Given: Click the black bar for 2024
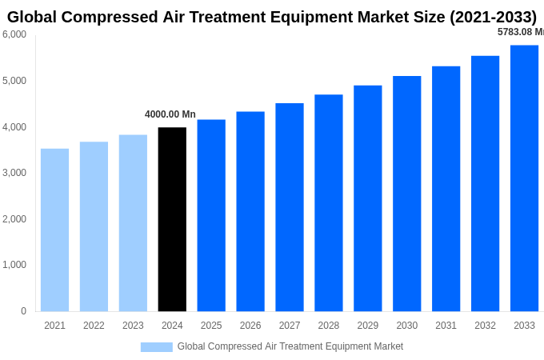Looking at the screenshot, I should click(x=172, y=219).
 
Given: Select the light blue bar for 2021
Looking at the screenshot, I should click(x=54, y=230).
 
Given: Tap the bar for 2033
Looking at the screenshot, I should click(x=524, y=178).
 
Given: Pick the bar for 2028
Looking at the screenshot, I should click(x=328, y=202).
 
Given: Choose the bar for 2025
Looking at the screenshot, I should click(x=211, y=215).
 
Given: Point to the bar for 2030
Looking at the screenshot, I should click(x=406, y=194).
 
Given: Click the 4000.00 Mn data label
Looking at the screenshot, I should click(x=170, y=114).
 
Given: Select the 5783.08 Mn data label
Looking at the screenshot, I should click(x=520, y=32).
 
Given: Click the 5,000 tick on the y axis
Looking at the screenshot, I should click(x=14, y=81).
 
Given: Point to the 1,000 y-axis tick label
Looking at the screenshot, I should click(x=14, y=265).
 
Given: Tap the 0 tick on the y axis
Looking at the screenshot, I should click(x=23, y=311).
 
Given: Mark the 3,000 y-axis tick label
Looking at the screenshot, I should click(x=14, y=173).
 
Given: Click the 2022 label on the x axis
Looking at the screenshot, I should click(x=94, y=326).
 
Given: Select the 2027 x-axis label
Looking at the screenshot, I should click(x=290, y=326).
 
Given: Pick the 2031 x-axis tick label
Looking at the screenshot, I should click(x=446, y=326).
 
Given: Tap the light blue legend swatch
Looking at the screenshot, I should click(x=156, y=346).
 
